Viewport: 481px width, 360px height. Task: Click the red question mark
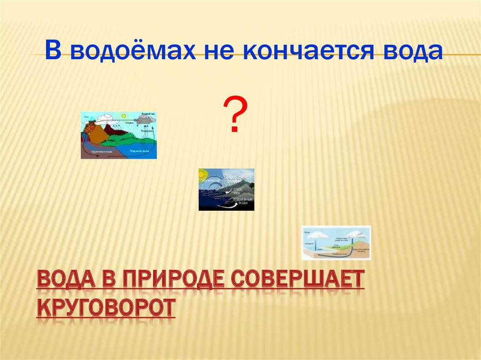(235, 115)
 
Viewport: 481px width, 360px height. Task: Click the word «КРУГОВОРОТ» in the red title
(106, 308)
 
